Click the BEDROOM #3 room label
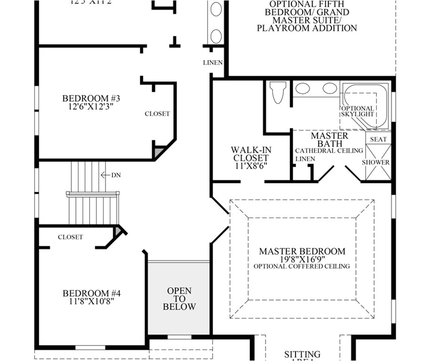click(x=91, y=98)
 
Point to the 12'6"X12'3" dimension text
click(x=91, y=106)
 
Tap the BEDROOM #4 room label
click(x=92, y=293)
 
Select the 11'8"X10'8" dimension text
click(x=92, y=301)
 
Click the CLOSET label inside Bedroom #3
click(x=157, y=114)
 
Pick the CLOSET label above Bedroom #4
click(x=71, y=237)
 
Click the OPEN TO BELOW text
click(x=179, y=299)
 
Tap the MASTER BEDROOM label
click(x=302, y=251)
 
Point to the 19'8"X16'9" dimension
click(x=302, y=259)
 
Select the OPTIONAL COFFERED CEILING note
click(x=302, y=267)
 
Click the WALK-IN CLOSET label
click(x=251, y=154)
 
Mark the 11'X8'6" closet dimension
click(x=251, y=166)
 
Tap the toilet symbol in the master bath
click(x=278, y=93)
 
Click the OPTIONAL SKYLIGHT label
click(x=357, y=111)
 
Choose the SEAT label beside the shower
click(x=378, y=140)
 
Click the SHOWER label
click(x=376, y=163)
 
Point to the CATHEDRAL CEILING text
click(x=329, y=151)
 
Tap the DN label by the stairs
click(x=116, y=175)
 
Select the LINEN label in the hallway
click(x=213, y=63)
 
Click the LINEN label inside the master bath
click(x=305, y=159)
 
